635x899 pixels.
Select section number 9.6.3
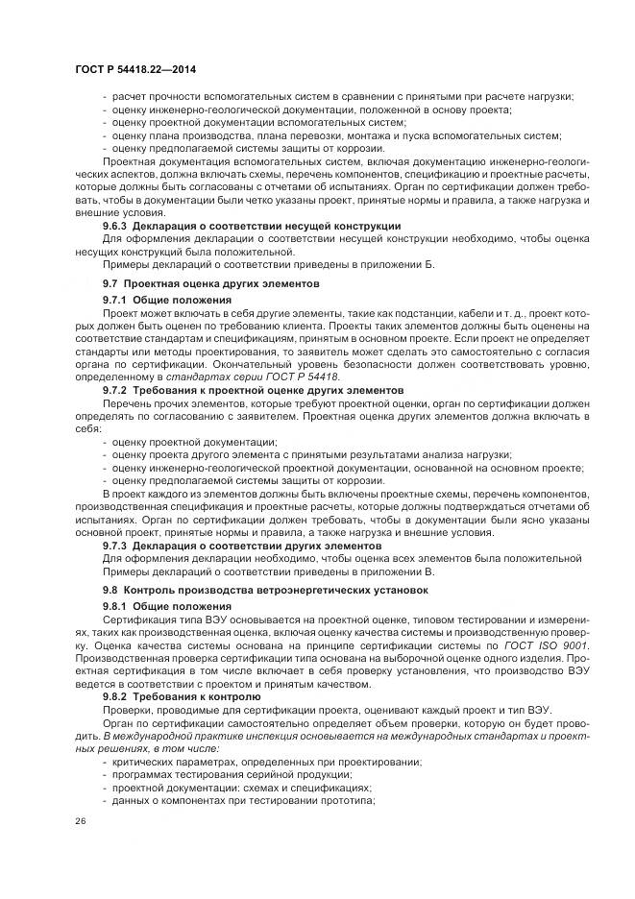click(x=118, y=226)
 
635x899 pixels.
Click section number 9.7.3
click(x=118, y=545)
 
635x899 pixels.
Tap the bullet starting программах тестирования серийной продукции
click(x=253, y=774)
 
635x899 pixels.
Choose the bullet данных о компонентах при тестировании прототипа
click(x=242, y=800)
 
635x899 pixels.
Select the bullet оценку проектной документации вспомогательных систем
click(x=258, y=122)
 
